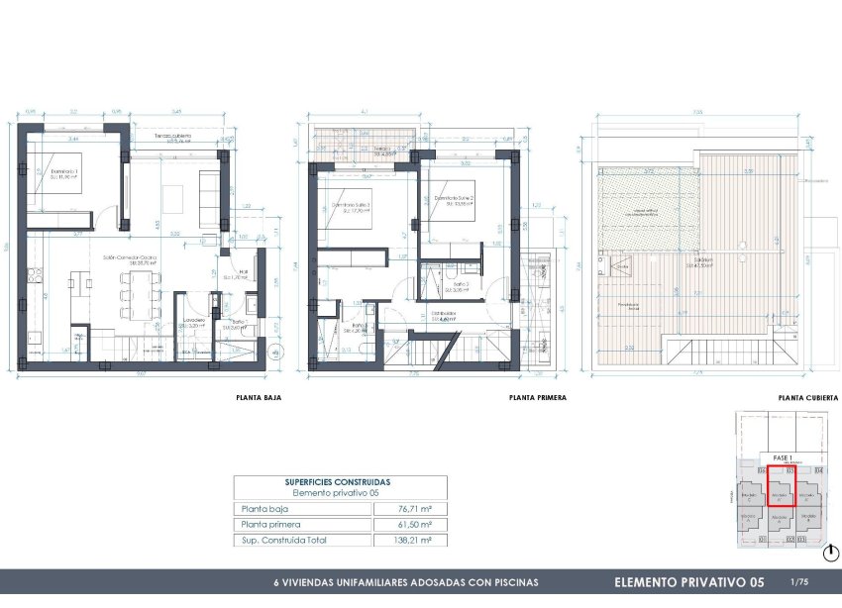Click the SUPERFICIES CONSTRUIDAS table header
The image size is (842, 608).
pos(338,481)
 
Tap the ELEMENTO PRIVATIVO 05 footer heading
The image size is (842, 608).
pos(688,581)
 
